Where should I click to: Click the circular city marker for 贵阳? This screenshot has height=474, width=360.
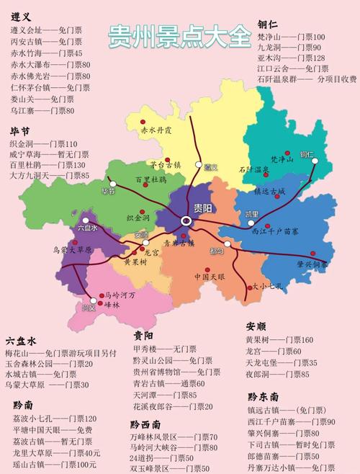(186, 220)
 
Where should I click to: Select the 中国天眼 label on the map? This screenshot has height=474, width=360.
(210, 277)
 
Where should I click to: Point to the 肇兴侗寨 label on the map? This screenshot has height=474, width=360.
(311, 264)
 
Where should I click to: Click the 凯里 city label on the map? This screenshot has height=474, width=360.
(251, 214)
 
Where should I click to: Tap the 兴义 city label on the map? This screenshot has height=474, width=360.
(89, 308)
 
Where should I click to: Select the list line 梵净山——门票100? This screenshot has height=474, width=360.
(291, 36)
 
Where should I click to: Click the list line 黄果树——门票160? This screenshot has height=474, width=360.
(279, 339)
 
